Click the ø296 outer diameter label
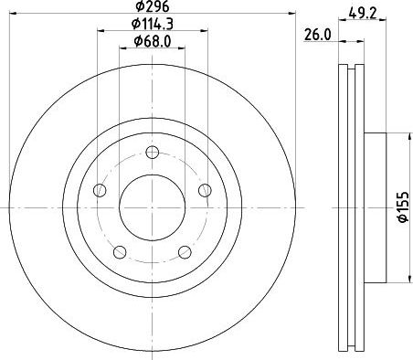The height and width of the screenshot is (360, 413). (x=152, y=6)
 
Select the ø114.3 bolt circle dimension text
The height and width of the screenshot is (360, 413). (x=153, y=24)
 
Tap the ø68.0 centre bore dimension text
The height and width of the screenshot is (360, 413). (x=153, y=41)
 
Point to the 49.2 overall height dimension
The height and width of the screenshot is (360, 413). (x=363, y=13)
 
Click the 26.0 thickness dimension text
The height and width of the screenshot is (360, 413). (x=318, y=35)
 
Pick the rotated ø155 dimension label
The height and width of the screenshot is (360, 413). (x=403, y=207)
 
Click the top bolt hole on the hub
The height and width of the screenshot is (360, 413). (x=152, y=153)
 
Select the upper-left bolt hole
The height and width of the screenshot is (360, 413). (x=100, y=190)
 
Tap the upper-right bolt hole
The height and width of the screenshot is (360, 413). (x=205, y=190)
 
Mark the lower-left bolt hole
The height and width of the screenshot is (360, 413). (x=120, y=252)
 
